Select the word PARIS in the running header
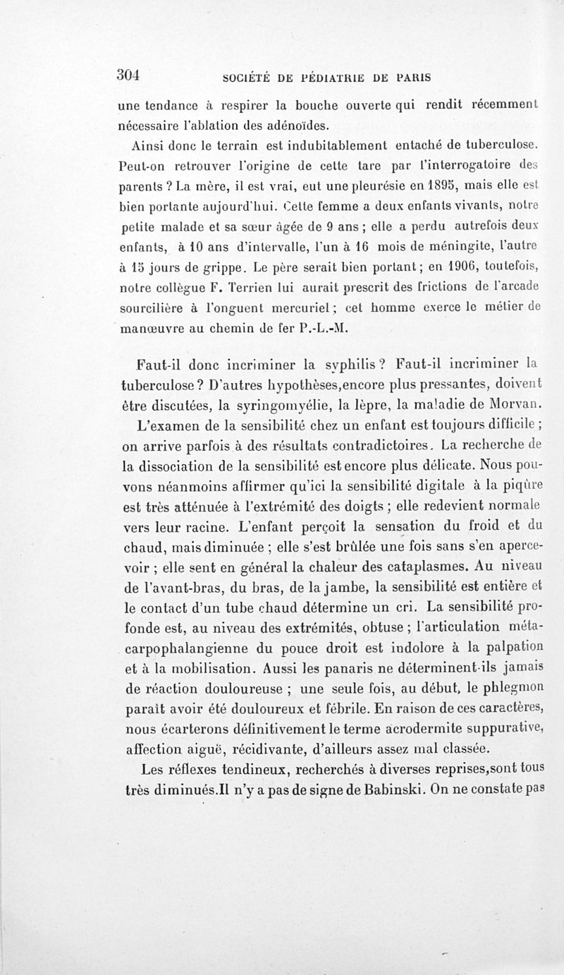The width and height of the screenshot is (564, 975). tap(412, 76)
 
